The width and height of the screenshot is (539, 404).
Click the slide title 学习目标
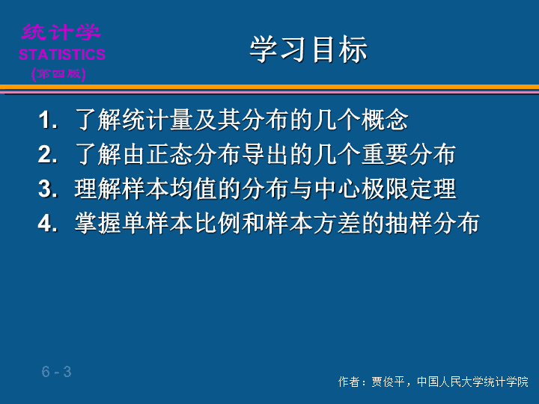[308, 50]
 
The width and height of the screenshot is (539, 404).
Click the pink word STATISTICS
[62, 55]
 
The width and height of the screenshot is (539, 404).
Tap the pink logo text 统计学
[61, 32]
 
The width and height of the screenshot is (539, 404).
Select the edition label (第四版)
[58, 74]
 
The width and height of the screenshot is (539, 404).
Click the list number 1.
[47, 120]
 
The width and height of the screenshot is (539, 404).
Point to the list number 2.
[47, 154]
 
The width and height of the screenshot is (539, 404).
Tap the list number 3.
[47, 189]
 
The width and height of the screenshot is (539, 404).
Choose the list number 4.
[47, 223]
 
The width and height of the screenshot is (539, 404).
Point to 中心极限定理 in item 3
[386, 189]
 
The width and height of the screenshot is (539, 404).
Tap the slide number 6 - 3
[57, 372]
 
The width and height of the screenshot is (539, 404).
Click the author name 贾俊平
[388, 382]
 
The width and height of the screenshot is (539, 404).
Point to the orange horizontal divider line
[269, 87]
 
